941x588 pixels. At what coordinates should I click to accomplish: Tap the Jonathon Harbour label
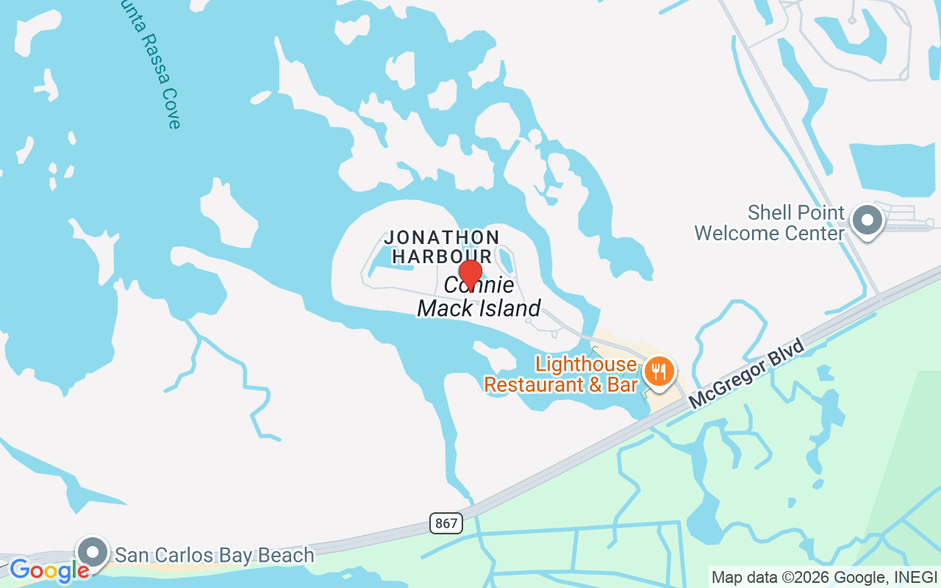pyautogui.click(x=442, y=246)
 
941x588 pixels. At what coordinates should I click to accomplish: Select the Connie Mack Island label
pyautogui.click(x=479, y=297)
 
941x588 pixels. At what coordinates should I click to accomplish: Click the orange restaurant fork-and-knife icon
pyautogui.click(x=659, y=372)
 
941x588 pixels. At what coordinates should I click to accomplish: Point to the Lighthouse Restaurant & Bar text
pyautogui.click(x=560, y=374)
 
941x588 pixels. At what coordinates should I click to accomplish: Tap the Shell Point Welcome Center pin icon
pyautogui.click(x=867, y=220)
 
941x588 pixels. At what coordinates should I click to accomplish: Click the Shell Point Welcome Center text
pyautogui.click(x=770, y=223)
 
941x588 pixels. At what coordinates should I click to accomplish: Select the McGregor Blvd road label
pyautogui.click(x=747, y=374)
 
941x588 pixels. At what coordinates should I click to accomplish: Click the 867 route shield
pyautogui.click(x=446, y=524)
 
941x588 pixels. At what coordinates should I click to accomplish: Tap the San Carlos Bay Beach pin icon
pyautogui.click(x=93, y=551)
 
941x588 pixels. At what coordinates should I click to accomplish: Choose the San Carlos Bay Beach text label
pyautogui.click(x=215, y=555)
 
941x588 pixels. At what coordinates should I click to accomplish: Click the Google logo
pyautogui.click(x=49, y=570)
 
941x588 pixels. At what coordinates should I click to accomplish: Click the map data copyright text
pyautogui.click(x=824, y=577)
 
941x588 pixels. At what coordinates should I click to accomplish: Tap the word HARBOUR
pyautogui.click(x=442, y=256)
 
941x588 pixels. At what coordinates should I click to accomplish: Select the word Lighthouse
pyautogui.click(x=586, y=364)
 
